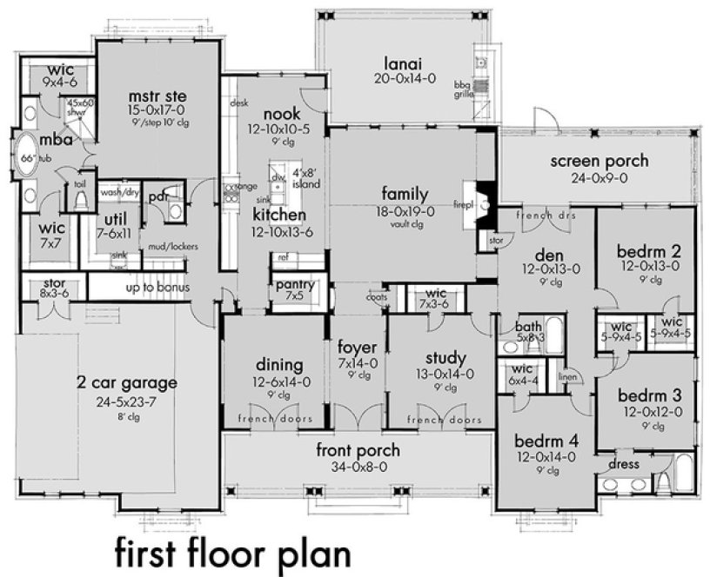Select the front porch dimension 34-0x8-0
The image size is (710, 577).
point(358,466)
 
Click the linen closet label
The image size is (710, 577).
point(567,378)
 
